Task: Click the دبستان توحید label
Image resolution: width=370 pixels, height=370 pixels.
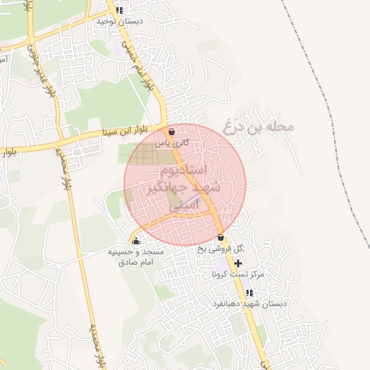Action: [x=121, y=21]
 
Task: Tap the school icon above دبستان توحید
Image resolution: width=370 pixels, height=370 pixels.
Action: [x=119, y=11]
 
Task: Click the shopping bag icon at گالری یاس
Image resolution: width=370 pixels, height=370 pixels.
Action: [x=171, y=132]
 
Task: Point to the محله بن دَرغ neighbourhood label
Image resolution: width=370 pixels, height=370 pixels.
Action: [x=259, y=126]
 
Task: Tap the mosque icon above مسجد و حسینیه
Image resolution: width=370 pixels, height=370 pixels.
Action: [x=137, y=241]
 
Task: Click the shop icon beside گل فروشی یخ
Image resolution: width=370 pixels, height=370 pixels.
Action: [x=220, y=238]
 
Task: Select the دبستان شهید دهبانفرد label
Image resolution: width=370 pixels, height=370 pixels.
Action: [x=249, y=304]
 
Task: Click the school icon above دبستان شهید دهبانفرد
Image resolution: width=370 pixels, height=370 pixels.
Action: [x=249, y=293]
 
